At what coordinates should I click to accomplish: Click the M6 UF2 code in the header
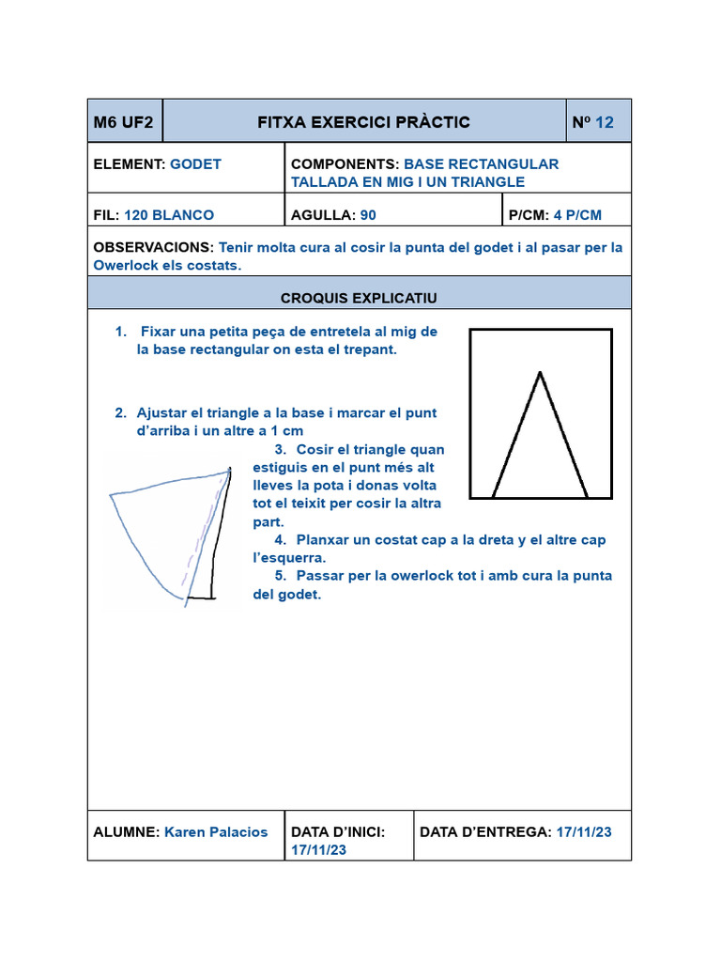(123, 122)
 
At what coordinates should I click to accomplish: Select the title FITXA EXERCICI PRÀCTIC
(363, 122)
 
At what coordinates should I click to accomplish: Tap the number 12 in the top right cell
(605, 122)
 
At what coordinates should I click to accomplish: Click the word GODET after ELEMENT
(195, 163)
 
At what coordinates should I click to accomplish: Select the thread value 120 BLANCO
(169, 214)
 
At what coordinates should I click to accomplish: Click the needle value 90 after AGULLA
(368, 214)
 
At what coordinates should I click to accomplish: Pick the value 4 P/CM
(577, 214)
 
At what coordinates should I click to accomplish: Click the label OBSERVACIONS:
(154, 247)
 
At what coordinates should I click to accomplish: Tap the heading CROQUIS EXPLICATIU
(359, 298)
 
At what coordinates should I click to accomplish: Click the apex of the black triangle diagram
(540, 373)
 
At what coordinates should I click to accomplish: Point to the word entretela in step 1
(342, 332)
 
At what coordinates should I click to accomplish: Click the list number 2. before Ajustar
(121, 412)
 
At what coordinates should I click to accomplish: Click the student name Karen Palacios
(216, 831)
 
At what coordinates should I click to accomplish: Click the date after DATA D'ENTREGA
(584, 831)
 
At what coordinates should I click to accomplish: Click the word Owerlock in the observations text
(128, 265)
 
